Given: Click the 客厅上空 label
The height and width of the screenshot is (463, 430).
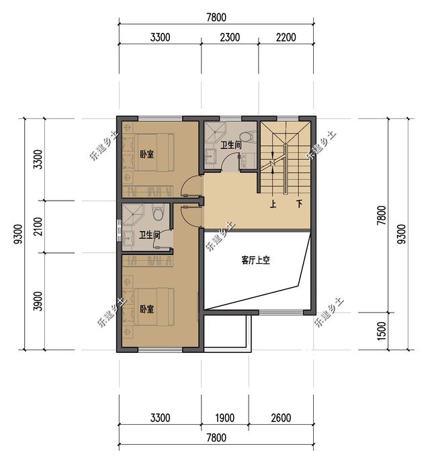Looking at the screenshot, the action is tap(255, 260).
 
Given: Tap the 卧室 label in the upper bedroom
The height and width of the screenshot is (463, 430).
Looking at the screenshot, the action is tap(147, 154).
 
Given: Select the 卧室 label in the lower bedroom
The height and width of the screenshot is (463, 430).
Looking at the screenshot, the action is tap(147, 309).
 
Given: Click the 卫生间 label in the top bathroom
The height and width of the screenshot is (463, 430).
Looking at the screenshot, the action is tap(231, 145).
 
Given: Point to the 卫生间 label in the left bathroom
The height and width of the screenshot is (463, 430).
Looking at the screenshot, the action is tap(150, 235).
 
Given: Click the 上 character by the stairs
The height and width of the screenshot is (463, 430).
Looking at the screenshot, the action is tap(273, 204).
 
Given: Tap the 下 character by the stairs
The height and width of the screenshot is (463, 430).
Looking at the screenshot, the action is tap(300, 204).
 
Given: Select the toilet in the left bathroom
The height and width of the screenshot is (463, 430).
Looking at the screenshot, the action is tap(158, 213).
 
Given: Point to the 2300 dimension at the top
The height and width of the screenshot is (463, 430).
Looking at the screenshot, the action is tap(230, 38).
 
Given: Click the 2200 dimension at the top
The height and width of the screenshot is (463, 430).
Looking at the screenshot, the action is tap(286, 38).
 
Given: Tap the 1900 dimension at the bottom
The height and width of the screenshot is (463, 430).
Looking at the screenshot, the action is tap(225, 418).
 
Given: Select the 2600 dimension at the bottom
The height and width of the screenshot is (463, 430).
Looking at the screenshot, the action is tap(281, 418).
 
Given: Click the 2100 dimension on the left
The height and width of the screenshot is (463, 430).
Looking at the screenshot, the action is tap(38, 227).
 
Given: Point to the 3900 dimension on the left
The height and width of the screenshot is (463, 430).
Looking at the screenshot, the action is tap(38, 301).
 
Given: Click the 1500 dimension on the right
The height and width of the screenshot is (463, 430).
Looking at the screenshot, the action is tap(382, 331).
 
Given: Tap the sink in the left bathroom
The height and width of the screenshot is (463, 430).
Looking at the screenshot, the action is tap(128, 238).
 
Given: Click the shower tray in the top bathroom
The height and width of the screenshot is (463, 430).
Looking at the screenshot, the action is tap(215, 132).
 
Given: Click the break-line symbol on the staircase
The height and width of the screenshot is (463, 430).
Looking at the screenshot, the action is tap(273, 163).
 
